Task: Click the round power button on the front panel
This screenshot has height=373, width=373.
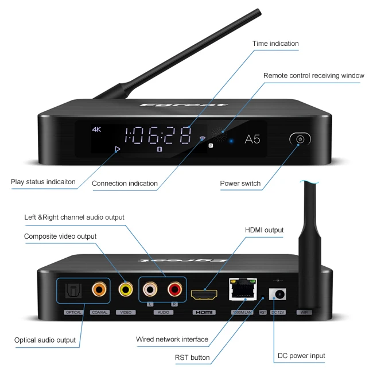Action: [300, 139]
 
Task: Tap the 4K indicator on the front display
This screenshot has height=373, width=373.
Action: [96, 130]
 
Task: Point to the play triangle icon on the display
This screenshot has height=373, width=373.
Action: [118, 149]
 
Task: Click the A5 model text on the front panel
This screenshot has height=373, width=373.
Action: [253, 139]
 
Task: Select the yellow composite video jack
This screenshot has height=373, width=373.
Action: [126, 290]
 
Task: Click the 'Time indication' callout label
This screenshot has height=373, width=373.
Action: [275, 44]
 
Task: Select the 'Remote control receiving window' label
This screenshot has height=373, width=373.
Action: [313, 76]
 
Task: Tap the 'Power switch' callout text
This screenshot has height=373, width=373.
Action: [240, 184]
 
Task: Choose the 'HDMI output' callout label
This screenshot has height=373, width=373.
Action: [264, 230]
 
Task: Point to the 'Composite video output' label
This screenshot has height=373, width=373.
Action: [60, 236]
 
